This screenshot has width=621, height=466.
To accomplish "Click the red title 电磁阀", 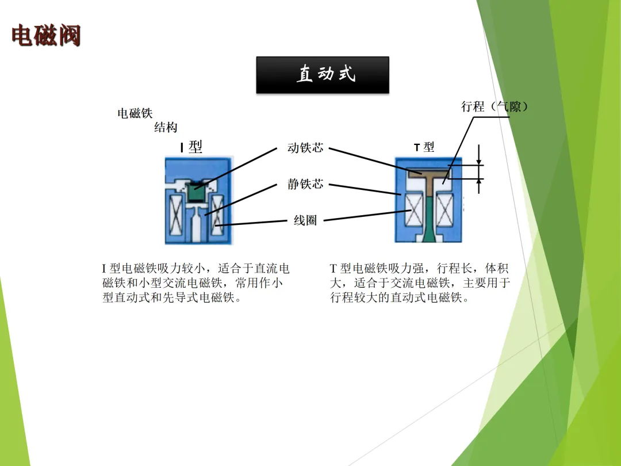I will pos(46,36).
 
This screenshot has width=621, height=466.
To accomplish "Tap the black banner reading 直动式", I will pos(323,74).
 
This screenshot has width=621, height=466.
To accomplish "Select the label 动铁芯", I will pos(305,148).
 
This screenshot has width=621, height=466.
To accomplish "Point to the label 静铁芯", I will pos(305,184).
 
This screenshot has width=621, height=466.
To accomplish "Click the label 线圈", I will pos(305,220).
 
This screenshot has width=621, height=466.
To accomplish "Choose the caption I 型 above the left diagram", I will pos(191,147).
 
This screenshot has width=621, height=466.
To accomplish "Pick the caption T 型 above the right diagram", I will pos(424,147).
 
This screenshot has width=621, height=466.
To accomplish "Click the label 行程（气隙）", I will pos(494,106).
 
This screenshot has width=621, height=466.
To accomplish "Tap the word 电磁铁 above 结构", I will pos(135,113).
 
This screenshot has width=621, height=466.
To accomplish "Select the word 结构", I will pos(166,128).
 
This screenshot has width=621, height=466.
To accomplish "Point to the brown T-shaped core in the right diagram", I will pos(428,173).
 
